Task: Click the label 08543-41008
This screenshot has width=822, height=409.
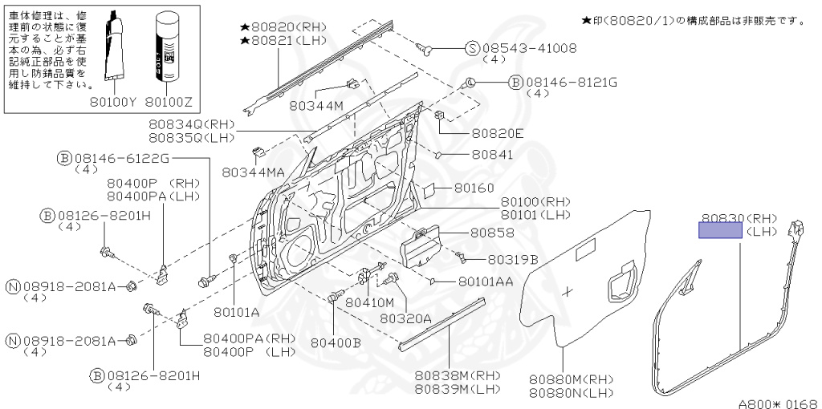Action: click(529, 48)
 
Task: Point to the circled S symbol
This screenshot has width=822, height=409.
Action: click(473, 48)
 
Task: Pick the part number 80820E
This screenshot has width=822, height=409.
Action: click(497, 133)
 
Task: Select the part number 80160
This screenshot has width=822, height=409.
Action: click(474, 188)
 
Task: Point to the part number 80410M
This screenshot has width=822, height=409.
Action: click(369, 302)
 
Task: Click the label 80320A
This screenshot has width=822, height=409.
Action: click(405, 318)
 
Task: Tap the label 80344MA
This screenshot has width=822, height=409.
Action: click(253, 172)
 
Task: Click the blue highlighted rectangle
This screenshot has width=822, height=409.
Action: click(720, 231)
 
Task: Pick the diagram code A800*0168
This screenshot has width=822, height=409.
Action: click(777, 402)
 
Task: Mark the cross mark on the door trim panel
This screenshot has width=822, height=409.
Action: click(569, 292)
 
